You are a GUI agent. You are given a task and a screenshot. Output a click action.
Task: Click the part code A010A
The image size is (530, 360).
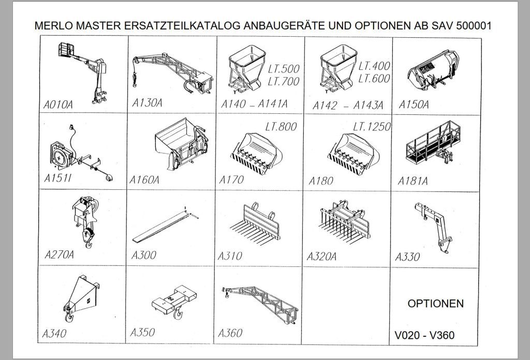(58, 105)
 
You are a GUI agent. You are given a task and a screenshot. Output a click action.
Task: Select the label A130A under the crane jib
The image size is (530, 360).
(147, 102)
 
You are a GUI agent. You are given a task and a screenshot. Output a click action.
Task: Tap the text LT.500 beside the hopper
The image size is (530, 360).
(284, 69)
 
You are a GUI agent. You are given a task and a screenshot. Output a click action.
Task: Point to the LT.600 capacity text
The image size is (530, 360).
(374, 79)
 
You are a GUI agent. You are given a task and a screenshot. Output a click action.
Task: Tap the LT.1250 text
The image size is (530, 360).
(371, 127)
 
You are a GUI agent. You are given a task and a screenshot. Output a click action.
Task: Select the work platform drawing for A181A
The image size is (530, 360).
(432, 144)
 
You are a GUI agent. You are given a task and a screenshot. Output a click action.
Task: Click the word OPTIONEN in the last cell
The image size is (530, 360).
(435, 304)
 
